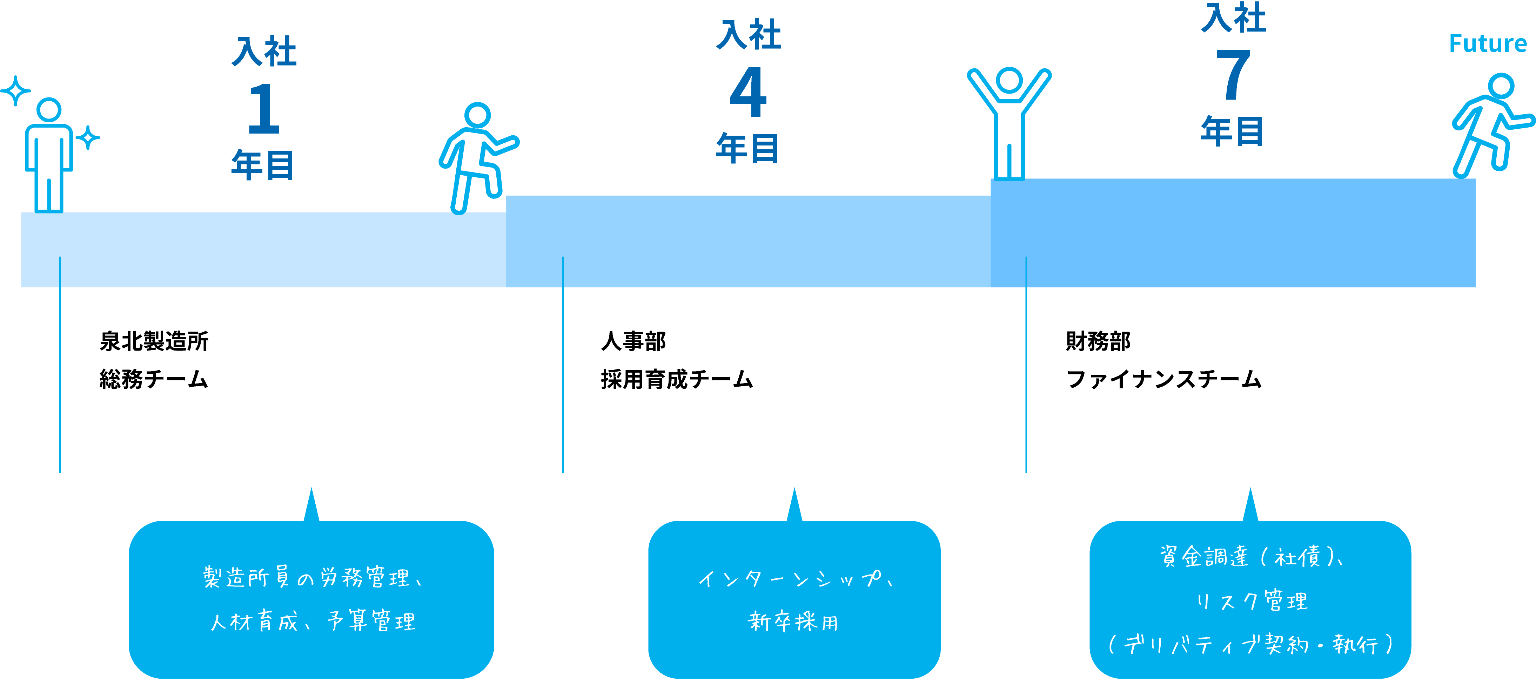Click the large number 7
coord(1233,75)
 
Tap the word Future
coord(1488,43)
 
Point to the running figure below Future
coord(1491,125)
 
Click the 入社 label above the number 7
coord(1233,18)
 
